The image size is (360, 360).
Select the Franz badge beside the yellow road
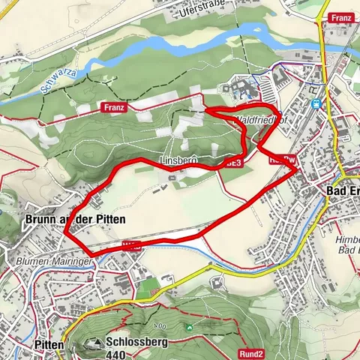[x=341, y=17]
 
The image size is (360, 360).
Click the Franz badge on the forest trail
[x=115, y=108]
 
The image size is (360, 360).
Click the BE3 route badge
[x=234, y=162]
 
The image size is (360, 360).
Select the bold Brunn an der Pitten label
[x=75, y=219]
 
